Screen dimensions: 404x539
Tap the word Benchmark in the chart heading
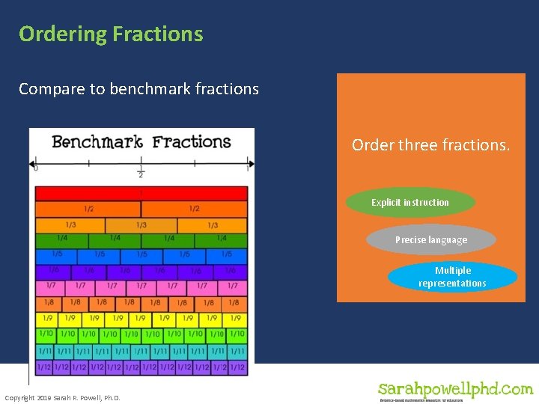(x=97, y=142)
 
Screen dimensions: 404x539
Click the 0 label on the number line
(x=36, y=169)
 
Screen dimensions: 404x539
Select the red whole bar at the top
(x=141, y=193)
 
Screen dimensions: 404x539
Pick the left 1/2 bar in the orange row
(x=88, y=209)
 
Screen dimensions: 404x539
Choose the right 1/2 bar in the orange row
(x=194, y=209)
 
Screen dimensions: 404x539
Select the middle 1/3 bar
(x=141, y=225)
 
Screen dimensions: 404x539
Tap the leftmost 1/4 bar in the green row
(x=61, y=240)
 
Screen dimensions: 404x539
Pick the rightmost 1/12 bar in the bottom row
(x=238, y=367)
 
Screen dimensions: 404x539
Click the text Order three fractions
(x=430, y=145)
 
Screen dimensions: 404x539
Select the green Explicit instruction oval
(x=410, y=203)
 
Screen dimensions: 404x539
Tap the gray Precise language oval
(x=430, y=240)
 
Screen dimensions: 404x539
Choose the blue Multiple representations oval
(x=452, y=277)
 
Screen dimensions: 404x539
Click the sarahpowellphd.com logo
(x=455, y=390)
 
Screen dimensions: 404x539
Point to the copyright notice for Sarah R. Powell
(x=62, y=397)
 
